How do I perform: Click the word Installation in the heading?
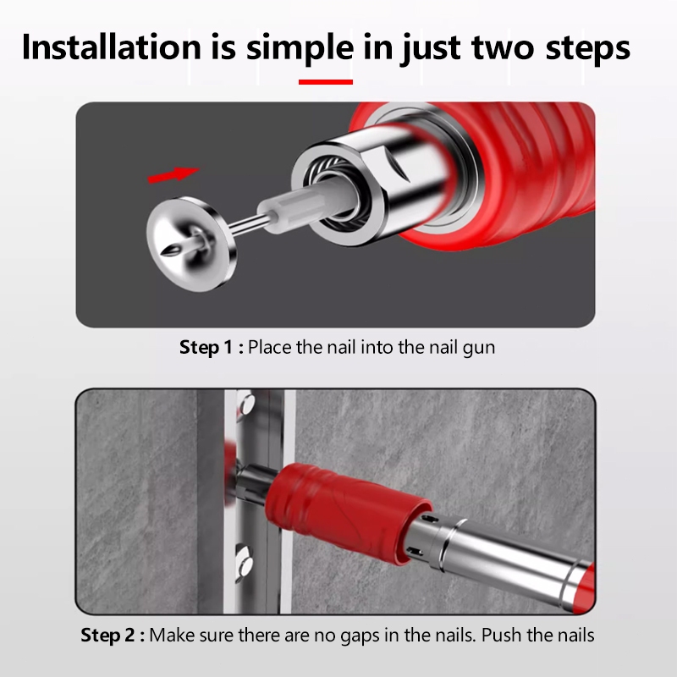click(112, 47)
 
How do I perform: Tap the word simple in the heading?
click(300, 48)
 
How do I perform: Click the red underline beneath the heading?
click(326, 82)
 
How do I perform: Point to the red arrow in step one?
click(173, 175)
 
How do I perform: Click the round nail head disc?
click(191, 244)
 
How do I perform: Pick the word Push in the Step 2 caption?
click(502, 636)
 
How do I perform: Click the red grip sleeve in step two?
click(345, 512)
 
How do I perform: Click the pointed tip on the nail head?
click(168, 251)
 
